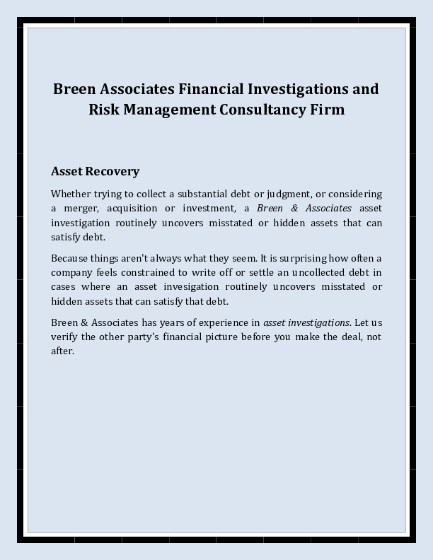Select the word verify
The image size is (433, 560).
pos(62,337)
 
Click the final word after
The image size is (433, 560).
pos(62,351)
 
